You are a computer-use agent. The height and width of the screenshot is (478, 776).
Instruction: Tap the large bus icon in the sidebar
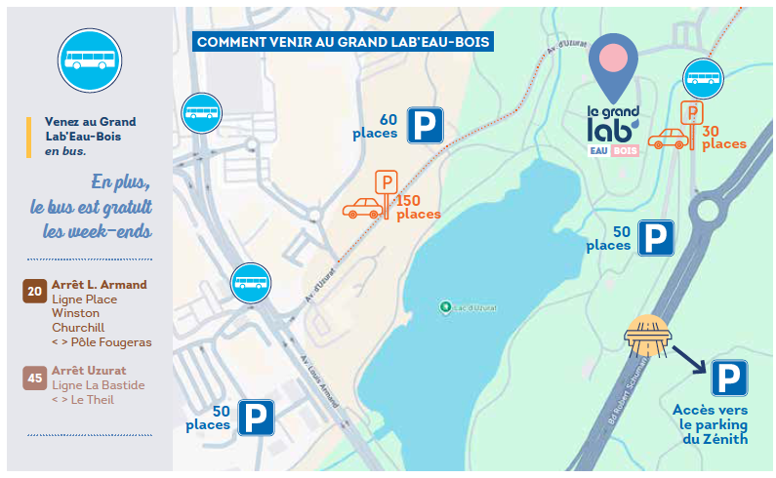(x=91, y=60)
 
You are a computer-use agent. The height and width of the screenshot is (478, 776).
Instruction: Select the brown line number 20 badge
(x=35, y=291)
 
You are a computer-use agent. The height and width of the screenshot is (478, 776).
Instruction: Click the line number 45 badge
(x=35, y=378)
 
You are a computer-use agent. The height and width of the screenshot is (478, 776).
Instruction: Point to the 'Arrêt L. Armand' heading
(x=100, y=285)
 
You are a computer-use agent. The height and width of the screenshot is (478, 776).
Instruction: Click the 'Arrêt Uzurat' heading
(x=87, y=371)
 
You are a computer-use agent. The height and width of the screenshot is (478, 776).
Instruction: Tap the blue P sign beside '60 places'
(x=425, y=126)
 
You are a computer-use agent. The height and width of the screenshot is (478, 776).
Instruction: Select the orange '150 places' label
(x=418, y=207)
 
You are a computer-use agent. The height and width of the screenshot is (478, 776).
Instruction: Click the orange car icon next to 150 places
(x=361, y=208)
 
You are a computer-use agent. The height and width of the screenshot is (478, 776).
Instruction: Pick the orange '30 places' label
(x=723, y=138)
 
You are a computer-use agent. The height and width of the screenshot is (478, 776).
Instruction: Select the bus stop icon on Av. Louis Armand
(x=250, y=283)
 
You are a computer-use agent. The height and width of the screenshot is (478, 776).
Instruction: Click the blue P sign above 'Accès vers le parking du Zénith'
(x=729, y=378)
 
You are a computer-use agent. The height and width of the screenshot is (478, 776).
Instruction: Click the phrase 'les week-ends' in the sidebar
(x=98, y=232)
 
